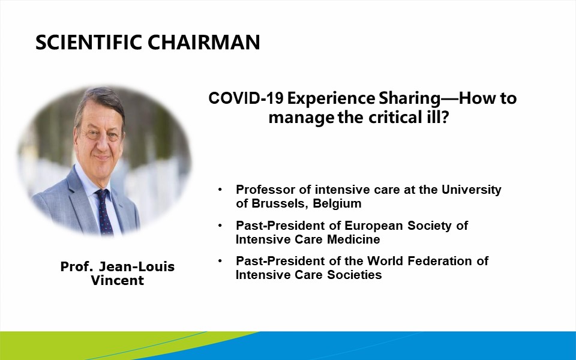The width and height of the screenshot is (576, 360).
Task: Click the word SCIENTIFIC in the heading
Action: coord(89,42)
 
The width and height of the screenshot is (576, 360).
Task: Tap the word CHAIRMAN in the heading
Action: coord(204,42)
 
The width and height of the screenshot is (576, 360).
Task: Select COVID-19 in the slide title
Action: coord(245,98)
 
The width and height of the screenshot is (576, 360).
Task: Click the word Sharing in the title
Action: coord(409,99)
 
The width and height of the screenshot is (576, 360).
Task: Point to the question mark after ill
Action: coord(445,118)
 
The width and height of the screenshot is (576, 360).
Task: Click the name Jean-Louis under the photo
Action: coord(137,266)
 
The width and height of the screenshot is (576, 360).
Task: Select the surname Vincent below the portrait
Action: coord(118,281)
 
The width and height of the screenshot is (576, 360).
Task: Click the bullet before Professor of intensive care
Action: coord(220,190)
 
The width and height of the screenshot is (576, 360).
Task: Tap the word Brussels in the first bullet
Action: coord(280,203)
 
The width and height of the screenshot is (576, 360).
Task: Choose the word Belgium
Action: coord(337,204)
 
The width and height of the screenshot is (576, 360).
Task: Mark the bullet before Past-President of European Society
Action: coord(220,225)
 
